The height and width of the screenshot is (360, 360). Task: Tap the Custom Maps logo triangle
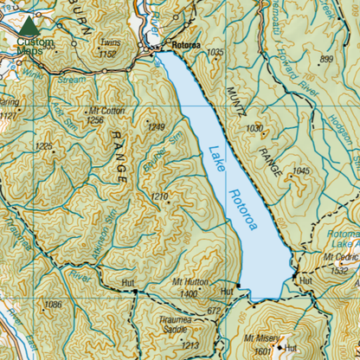[x=29, y=25]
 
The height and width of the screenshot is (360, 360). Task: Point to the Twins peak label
[x=109, y=43]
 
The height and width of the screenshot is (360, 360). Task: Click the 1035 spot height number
[x=216, y=53]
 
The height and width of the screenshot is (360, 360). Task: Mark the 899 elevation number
[x=326, y=59]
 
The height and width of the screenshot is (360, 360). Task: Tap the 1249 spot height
[x=156, y=128]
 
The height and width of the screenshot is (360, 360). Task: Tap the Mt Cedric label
[x=341, y=257]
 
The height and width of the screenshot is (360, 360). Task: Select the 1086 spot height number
[x=55, y=305]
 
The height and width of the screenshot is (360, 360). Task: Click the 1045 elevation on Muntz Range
[x=301, y=171]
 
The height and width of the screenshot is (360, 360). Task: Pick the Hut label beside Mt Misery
[x=292, y=349]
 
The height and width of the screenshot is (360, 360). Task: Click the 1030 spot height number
[x=254, y=128]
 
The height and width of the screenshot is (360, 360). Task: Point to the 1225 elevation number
[x=46, y=146]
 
